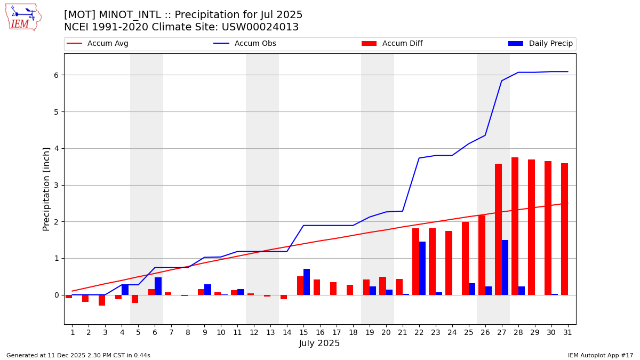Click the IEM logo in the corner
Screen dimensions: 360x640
pyautogui.click(x=23, y=17)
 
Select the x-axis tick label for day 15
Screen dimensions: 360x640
pyautogui.click(x=303, y=332)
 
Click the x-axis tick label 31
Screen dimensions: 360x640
pyautogui.click(x=567, y=332)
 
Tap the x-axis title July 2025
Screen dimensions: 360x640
pyautogui.click(x=319, y=343)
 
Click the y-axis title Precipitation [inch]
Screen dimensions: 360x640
pyautogui.click(x=46, y=189)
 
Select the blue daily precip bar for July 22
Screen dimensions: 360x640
pyautogui.click(x=422, y=268)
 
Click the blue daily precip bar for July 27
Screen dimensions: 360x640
pyautogui.click(x=505, y=267)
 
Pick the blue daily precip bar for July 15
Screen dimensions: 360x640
pyautogui.click(x=307, y=282)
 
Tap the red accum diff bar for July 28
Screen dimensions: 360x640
pyautogui.click(x=515, y=226)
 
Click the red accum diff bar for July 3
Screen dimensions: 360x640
pyautogui.click(x=102, y=300)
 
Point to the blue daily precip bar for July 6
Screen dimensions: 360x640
pyautogui.click(x=158, y=286)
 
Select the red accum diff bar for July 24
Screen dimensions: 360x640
pyautogui.click(x=449, y=263)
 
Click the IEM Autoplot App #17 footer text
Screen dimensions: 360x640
pyautogui.click(x=601, y=355)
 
